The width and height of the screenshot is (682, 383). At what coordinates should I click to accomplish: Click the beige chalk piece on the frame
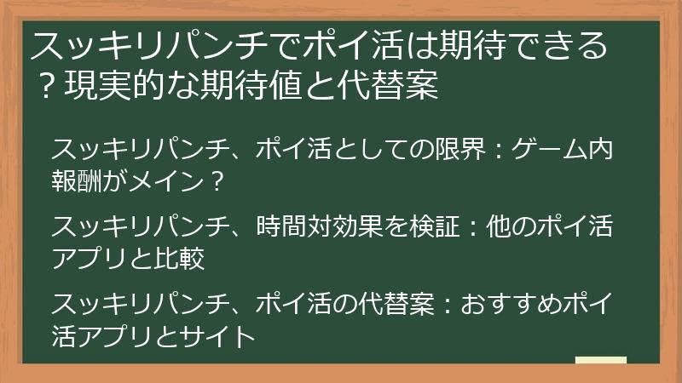(600, 361)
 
